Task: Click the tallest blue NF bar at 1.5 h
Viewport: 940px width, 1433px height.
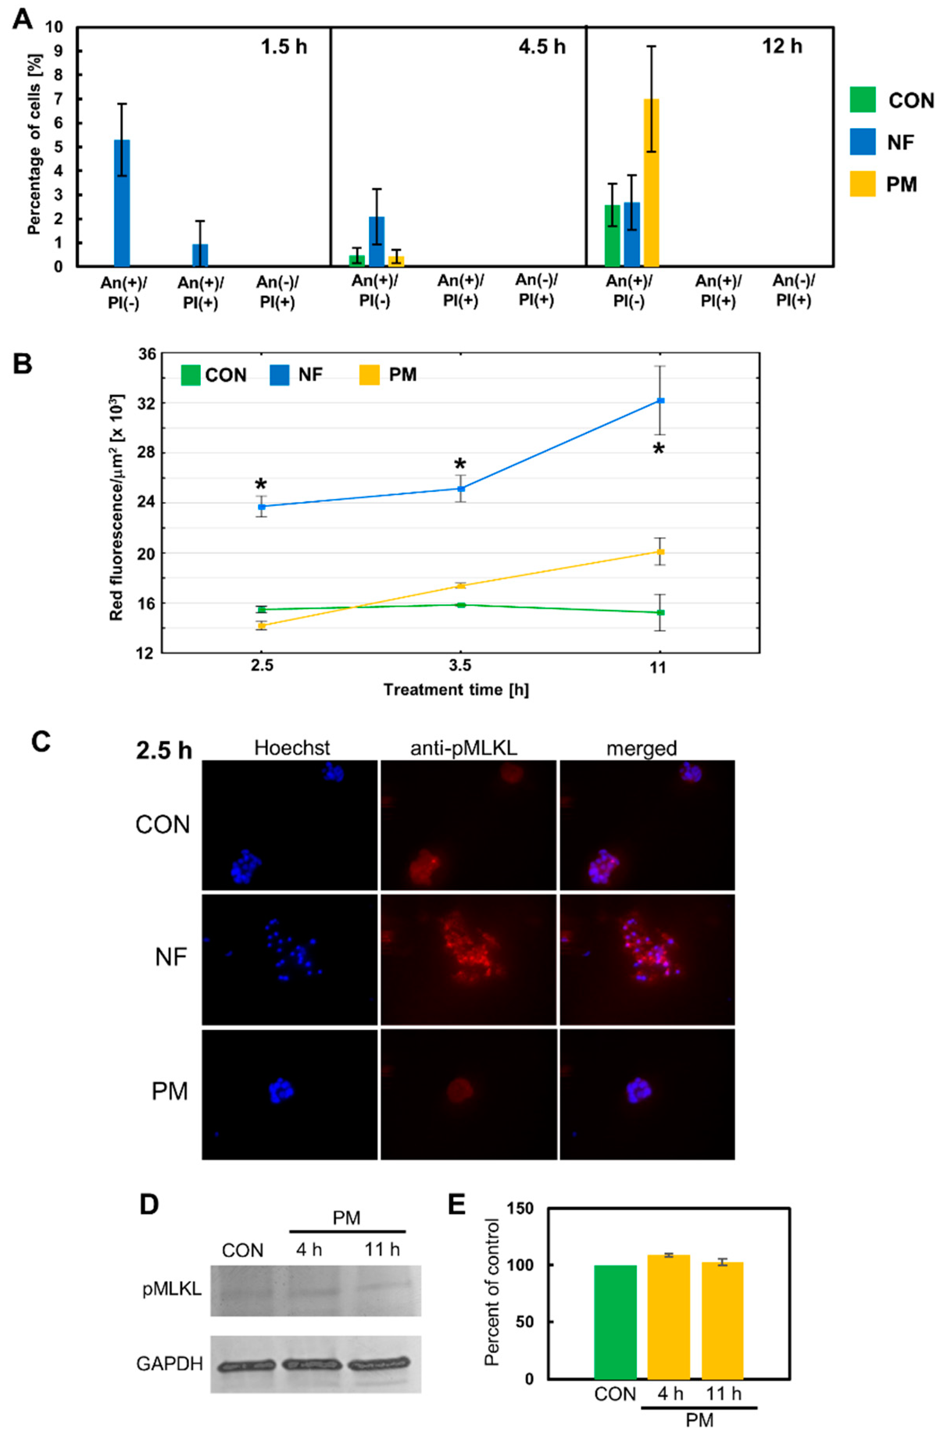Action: point(122,203)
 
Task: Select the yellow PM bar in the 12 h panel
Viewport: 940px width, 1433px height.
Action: point(651,182)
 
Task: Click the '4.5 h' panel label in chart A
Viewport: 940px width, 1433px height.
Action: point(542,46)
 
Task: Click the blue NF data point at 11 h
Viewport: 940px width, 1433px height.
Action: point(660,401)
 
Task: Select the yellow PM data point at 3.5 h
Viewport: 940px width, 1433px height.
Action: point(461,585)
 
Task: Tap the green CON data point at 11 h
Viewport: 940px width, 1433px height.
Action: point(660,612)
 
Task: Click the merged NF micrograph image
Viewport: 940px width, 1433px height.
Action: point(647,959)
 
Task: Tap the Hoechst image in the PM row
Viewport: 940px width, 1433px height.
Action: point(289,1093)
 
